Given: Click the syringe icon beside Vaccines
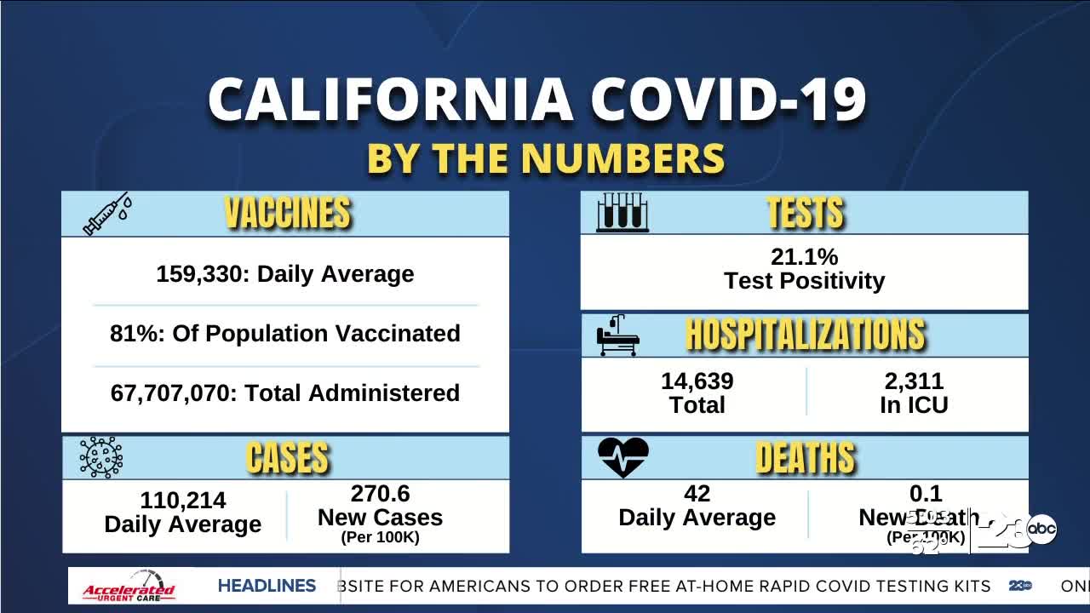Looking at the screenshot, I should click(x=106, y=214).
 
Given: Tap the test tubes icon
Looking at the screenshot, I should click(x=622, y=213).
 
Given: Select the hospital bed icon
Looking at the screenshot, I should click(x=617, y=335).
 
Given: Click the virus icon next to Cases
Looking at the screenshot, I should click(x=100, y=457).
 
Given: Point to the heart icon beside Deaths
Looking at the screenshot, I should click(x=623, y=457).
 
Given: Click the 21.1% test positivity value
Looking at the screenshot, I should click(x=804, y=256).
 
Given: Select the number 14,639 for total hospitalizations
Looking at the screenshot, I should click(x=697, y=381).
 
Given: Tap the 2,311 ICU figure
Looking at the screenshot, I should click(x=914, y=381).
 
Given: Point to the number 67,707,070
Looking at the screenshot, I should click(x=174, y=393).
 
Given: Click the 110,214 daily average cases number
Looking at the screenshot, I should click(x=183, y=501).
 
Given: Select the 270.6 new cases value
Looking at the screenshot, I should click(x=380, y=494).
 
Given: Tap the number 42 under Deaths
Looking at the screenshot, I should click(x=697, y=494).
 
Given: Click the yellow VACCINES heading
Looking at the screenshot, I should click(x=288, y=213).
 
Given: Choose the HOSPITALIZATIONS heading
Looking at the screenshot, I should click(x=805, y=335).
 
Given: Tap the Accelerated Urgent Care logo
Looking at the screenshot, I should click(x=129, y=587).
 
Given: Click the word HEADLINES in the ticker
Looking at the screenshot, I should click(x=267, y=586).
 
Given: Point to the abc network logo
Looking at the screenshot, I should click(x=1041, y=530).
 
